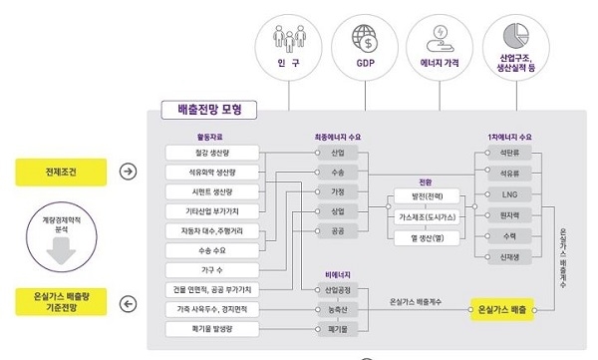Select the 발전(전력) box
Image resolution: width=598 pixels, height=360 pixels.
426,194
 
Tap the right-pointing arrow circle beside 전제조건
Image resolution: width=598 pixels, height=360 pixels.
127,172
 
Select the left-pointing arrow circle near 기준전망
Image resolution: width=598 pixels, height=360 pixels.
127,304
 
